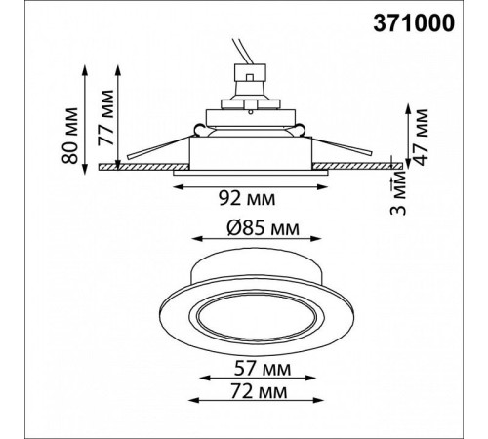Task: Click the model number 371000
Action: click(414, 23)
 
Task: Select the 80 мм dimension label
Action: click(70, 136)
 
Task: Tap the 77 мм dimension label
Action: click(106, 117)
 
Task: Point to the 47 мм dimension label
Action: click(422, 138)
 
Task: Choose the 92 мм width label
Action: click(247, 198)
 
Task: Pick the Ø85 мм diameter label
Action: click(263, 228)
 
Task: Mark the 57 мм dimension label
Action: click(263, 369)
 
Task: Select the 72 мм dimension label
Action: click(259, 391)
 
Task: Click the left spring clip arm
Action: click(159, 147)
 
